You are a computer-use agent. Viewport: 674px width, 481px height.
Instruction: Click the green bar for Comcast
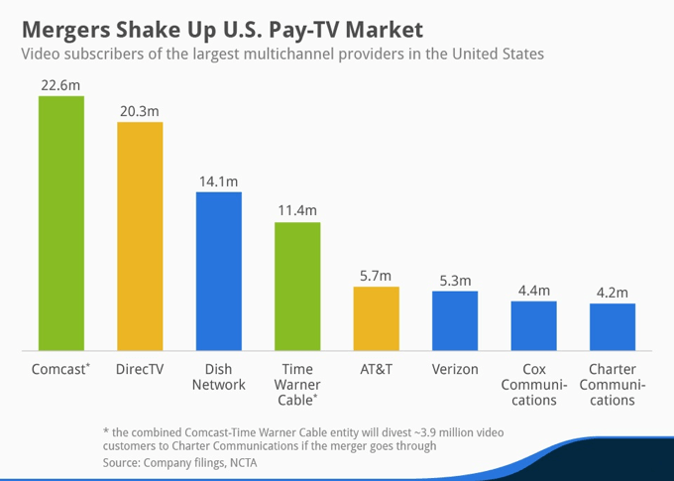point(61,223)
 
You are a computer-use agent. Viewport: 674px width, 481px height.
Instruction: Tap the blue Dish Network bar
point(218,271)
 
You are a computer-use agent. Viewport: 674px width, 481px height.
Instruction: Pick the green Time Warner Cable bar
point(297,286)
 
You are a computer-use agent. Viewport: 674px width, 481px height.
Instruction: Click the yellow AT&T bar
point(376,318)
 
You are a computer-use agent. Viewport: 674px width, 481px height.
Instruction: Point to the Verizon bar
point(455,320)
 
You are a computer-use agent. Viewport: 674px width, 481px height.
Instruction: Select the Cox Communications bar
point(533,325)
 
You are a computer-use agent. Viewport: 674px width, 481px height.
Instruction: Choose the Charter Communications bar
point(613,326)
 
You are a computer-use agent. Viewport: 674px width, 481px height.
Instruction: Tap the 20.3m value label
point(140,110)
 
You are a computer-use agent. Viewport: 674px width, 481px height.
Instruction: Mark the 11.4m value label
point(297,210)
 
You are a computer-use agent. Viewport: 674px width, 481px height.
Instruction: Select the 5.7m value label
point(376,275)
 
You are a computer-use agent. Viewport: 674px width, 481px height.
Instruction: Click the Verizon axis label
point(455,368)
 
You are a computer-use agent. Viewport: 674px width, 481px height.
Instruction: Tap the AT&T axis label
point(376,368)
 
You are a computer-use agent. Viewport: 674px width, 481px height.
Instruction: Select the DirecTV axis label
point(140,368)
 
